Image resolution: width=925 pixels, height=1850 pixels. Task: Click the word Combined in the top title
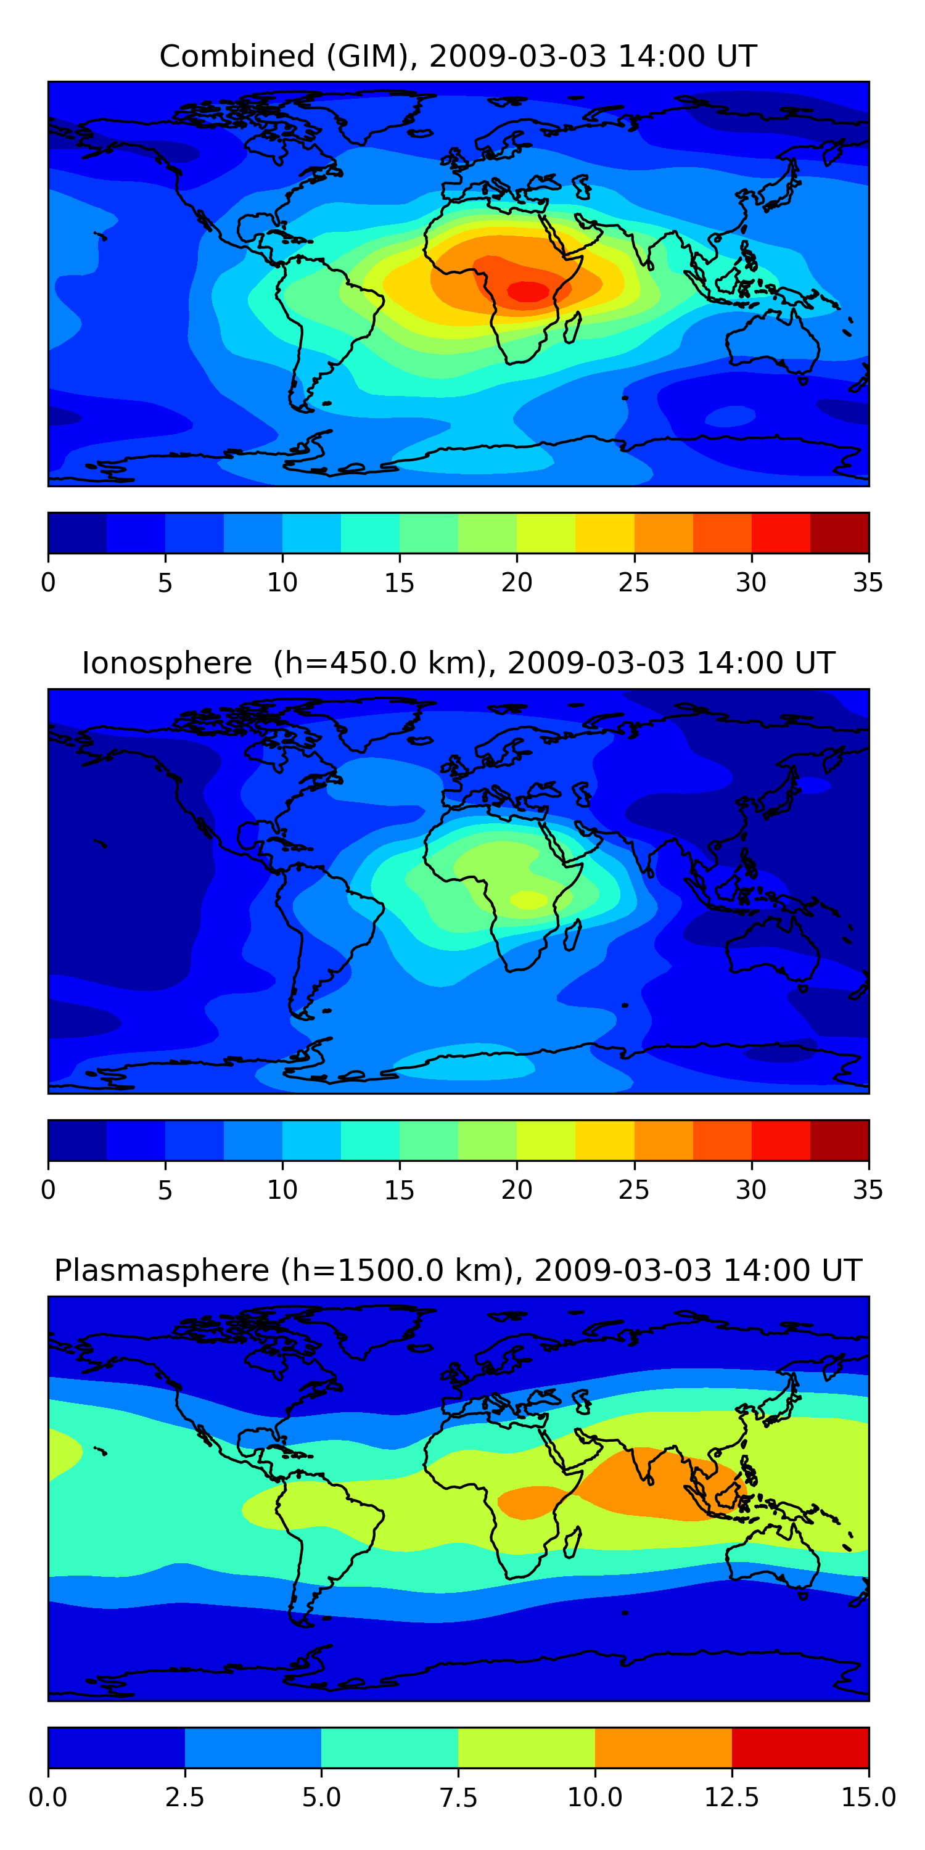coord(237,56)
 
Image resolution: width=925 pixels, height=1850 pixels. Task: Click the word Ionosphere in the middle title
coord(166,663)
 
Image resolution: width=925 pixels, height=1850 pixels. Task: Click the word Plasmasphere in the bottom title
coord(162,1270)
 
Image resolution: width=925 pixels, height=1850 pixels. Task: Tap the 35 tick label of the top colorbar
coord(868,582)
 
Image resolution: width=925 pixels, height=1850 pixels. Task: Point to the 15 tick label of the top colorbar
coord(400,582)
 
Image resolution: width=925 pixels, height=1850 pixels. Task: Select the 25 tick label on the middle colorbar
coord(633,1190)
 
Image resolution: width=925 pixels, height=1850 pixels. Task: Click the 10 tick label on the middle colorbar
coord(282,1190)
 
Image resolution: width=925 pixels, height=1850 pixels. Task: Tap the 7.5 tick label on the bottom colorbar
coord(458,1798)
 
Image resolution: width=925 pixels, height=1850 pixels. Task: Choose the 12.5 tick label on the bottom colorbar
coord(731,1798)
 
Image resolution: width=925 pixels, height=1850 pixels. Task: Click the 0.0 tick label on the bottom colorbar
coord(48,1798)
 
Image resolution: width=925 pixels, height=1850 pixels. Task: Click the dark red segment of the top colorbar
coord(839,533)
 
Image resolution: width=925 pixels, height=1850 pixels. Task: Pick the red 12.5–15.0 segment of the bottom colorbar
coord(800,1747)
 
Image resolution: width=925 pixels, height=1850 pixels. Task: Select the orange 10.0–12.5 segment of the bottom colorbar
coord(663,1747)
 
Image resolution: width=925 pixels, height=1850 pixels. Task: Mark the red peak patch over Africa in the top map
coord(528,291)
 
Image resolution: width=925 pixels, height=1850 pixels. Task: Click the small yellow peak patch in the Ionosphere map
coord(528,899)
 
